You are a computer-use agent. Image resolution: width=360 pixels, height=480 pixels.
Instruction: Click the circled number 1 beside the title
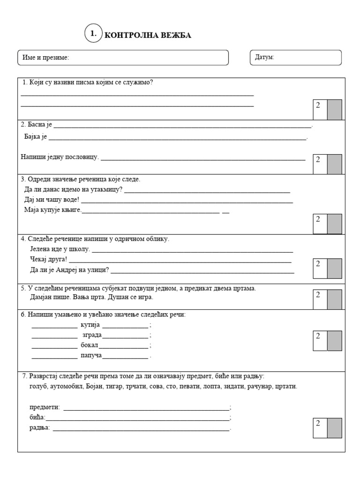93,34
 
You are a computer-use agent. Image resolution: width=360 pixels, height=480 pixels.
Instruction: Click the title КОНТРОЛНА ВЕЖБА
148,36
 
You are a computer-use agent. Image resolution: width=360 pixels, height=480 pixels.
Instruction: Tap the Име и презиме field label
45,58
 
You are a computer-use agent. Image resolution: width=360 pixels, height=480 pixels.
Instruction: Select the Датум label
265,57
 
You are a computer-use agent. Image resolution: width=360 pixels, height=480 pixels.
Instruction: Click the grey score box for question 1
334,109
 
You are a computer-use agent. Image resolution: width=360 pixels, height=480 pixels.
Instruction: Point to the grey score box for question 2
334,164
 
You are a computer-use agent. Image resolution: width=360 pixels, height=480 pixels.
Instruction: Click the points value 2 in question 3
318,219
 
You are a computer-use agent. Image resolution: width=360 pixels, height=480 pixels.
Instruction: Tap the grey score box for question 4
334,268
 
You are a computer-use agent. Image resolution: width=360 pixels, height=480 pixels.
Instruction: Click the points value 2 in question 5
318,294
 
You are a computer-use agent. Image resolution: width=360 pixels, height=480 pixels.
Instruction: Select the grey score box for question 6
334,340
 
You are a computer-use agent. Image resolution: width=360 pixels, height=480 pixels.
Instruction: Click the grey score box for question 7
334,427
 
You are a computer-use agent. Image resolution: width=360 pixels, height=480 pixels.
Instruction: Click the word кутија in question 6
90,325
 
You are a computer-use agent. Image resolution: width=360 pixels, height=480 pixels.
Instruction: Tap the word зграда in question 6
92,335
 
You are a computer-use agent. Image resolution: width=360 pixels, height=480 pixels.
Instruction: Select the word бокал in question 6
90,345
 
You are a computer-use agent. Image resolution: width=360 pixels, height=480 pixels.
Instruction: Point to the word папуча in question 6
91,356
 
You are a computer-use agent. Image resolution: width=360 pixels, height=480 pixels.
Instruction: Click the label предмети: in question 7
45,407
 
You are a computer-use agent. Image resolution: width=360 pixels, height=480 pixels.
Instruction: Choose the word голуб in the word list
38,386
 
